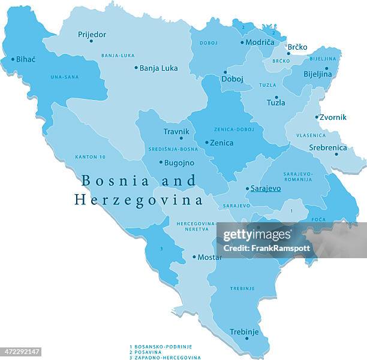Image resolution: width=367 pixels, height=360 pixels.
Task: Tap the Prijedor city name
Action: tap(92, 35)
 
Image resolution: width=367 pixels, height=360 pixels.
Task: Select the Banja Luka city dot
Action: tap(136, 68)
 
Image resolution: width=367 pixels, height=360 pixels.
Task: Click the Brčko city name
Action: tap(297, 47)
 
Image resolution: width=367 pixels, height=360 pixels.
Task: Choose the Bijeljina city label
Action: tap(318, 74)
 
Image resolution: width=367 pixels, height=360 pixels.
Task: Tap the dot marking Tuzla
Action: tap(276, 97)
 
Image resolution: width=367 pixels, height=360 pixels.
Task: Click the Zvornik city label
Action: tap(333, 117)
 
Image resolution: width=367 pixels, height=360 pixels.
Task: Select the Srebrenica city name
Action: tap(328, 147)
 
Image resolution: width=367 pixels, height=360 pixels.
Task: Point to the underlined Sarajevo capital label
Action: tap(265, 188)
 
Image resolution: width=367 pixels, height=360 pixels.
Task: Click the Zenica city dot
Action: tap(207, 143)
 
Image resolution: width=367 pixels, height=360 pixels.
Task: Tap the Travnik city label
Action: tap(176, 131)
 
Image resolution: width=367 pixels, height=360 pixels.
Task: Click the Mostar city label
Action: tap(210, 257)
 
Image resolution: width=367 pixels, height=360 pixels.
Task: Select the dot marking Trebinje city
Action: tap(246, 338)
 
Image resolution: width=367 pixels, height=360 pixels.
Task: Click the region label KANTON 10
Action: tap(90, 156)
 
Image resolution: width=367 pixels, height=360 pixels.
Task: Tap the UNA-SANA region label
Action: tap(65, 77)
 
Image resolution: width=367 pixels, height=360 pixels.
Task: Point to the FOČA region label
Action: tap(318, 219)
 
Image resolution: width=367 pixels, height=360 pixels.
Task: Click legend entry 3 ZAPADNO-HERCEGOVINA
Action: tap(165, 358)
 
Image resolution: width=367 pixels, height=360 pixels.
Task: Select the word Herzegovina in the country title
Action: tap(139, 200)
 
